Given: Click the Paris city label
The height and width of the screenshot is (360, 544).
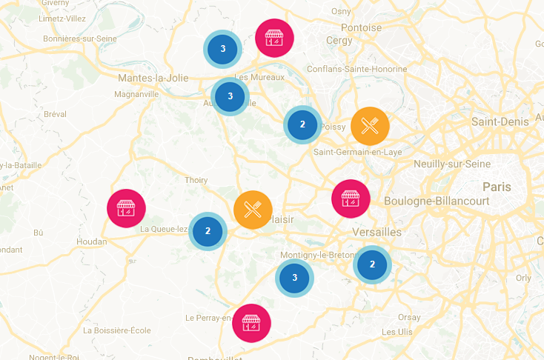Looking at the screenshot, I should click(x=497, y=187).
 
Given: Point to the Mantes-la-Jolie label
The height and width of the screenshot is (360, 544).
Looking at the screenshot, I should click(x=153, y=77).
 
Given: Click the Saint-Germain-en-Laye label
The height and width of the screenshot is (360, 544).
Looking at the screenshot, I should click(x=358, y=152).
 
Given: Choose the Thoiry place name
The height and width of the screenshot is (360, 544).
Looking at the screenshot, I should click(x=196, y=180).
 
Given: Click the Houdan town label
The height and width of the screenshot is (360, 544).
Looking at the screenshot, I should click(x=91, y=241).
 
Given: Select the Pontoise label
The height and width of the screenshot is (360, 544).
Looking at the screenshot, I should click(x=361, y=28).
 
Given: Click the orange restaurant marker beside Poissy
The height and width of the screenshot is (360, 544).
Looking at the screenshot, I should click(x=370, y=126).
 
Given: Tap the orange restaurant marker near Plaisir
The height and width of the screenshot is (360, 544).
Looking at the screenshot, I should click(x=253, y=210).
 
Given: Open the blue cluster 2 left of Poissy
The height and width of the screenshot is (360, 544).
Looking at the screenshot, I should click(x=302, y=124).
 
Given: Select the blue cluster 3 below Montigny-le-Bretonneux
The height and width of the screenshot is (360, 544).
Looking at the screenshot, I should click(x=294, y=278).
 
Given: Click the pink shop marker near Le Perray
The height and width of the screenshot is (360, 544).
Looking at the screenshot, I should click(x=251, y=323).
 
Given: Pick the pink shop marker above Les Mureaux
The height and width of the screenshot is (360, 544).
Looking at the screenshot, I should click(x=274, y=38).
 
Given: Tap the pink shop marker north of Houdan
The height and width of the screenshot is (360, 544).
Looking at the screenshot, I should click(x=126, y=209).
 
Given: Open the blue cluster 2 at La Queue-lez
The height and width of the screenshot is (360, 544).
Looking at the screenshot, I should click(x=208, y=231).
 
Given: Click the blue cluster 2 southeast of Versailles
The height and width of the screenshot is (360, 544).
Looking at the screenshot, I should click(x=372, y=264).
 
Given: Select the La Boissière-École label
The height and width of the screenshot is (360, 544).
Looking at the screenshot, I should click(x=117, y=330).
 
